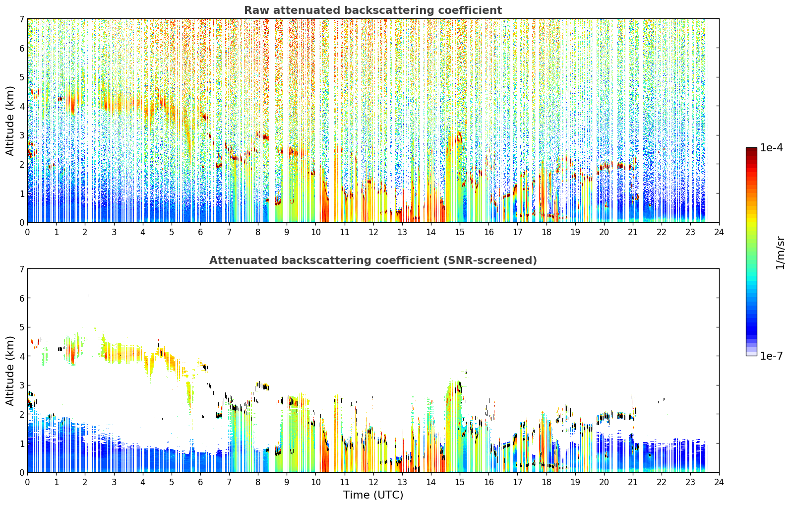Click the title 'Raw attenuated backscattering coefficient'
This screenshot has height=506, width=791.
point(373,10)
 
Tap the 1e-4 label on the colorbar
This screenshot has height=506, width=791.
point(771,148)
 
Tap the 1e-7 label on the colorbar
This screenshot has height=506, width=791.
point(771,356)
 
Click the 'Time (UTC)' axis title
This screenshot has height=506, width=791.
point(373,495)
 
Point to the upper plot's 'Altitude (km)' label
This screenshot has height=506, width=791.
point(10,121)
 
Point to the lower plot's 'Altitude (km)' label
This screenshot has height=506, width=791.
point(10,371)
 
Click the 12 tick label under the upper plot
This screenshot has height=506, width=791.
point(373,232)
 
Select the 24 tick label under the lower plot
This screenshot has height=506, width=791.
point(719,482)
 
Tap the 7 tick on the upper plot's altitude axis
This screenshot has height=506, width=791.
point(21,19)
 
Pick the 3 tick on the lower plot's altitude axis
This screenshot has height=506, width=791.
point(21,385)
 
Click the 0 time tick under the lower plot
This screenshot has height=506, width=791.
point(28,482)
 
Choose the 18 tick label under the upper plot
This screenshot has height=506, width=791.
point(547,232)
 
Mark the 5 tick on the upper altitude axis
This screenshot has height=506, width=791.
point(21,77)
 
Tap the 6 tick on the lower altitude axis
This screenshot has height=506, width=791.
point(21,298)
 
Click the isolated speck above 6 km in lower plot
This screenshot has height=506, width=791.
point(88,295)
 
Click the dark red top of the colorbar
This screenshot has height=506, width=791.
point(751,149)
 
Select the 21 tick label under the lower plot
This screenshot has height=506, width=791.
point(633,482)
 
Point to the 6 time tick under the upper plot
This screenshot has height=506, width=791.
point(200,232)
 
